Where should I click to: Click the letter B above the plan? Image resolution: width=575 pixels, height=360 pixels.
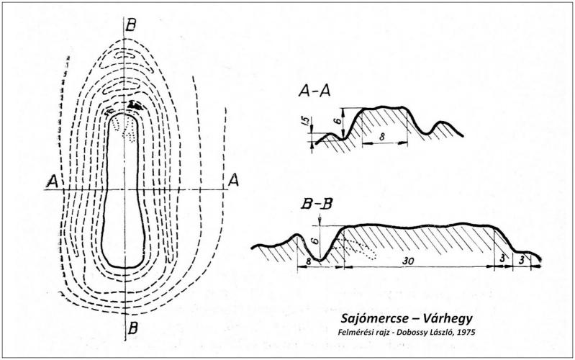click(x=131, y=26)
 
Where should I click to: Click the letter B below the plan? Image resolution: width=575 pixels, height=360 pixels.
click(x=132, y=328)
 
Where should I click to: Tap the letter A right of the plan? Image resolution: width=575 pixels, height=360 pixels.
click(x=233, y=180)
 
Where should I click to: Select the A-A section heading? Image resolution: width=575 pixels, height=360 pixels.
click(x=314, y=90)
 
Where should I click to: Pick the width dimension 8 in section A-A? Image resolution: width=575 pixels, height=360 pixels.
click(x=382, y=137)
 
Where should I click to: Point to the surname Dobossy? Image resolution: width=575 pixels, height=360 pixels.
click(x=403, y=333)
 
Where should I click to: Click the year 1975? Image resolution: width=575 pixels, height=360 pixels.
click(x=456, y=333)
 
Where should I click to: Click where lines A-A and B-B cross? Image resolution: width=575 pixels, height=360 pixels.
click(x=125, y=189)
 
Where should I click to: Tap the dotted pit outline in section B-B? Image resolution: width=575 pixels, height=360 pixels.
click(x=358, y=248)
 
